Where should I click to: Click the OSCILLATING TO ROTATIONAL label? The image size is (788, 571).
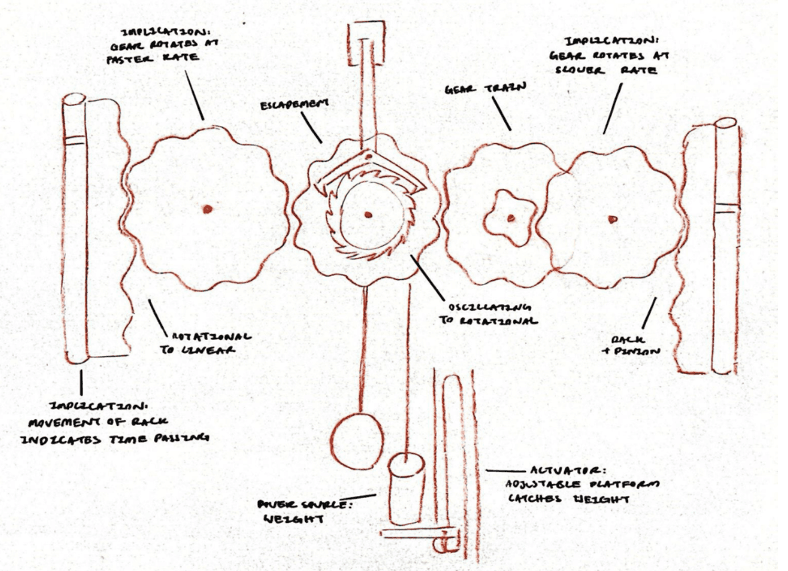(x=488, y=313)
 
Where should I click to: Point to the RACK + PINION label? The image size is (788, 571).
(x=630, y=346)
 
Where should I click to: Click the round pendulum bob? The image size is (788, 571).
(x=357, y=441)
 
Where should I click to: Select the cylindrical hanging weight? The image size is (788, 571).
(x=407, y=488)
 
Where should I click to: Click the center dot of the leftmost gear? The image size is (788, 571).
(x=208, y=209)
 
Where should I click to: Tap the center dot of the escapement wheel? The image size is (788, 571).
(x=368, y=214)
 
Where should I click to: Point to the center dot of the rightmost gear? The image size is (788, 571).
(x=612, y=219)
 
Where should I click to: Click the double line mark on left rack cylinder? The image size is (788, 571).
(x=74, y=140)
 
